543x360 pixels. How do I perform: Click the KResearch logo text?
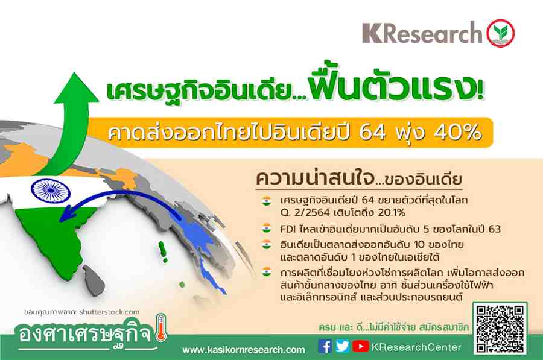(x=422, y=33)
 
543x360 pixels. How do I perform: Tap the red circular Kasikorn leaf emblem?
(x=501, y=33)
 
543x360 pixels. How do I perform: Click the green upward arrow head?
(x=76, y=87)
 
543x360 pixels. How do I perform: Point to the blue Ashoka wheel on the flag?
(x=51, y=191)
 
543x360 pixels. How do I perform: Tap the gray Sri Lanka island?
(x=92, y=280)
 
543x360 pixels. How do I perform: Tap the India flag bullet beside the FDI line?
(x=266, y=228)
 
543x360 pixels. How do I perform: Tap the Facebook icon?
(x=325, y=346)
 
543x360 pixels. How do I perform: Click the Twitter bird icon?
(x=342, y=346)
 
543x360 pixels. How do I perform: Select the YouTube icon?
(x=361, y=346)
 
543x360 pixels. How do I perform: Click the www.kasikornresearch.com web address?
(x=244, y=350)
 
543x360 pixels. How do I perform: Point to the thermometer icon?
(x=161, y=327)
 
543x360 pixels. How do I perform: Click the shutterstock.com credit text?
(x=109, y=312)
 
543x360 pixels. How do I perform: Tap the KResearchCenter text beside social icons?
(x=416, y=347)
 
